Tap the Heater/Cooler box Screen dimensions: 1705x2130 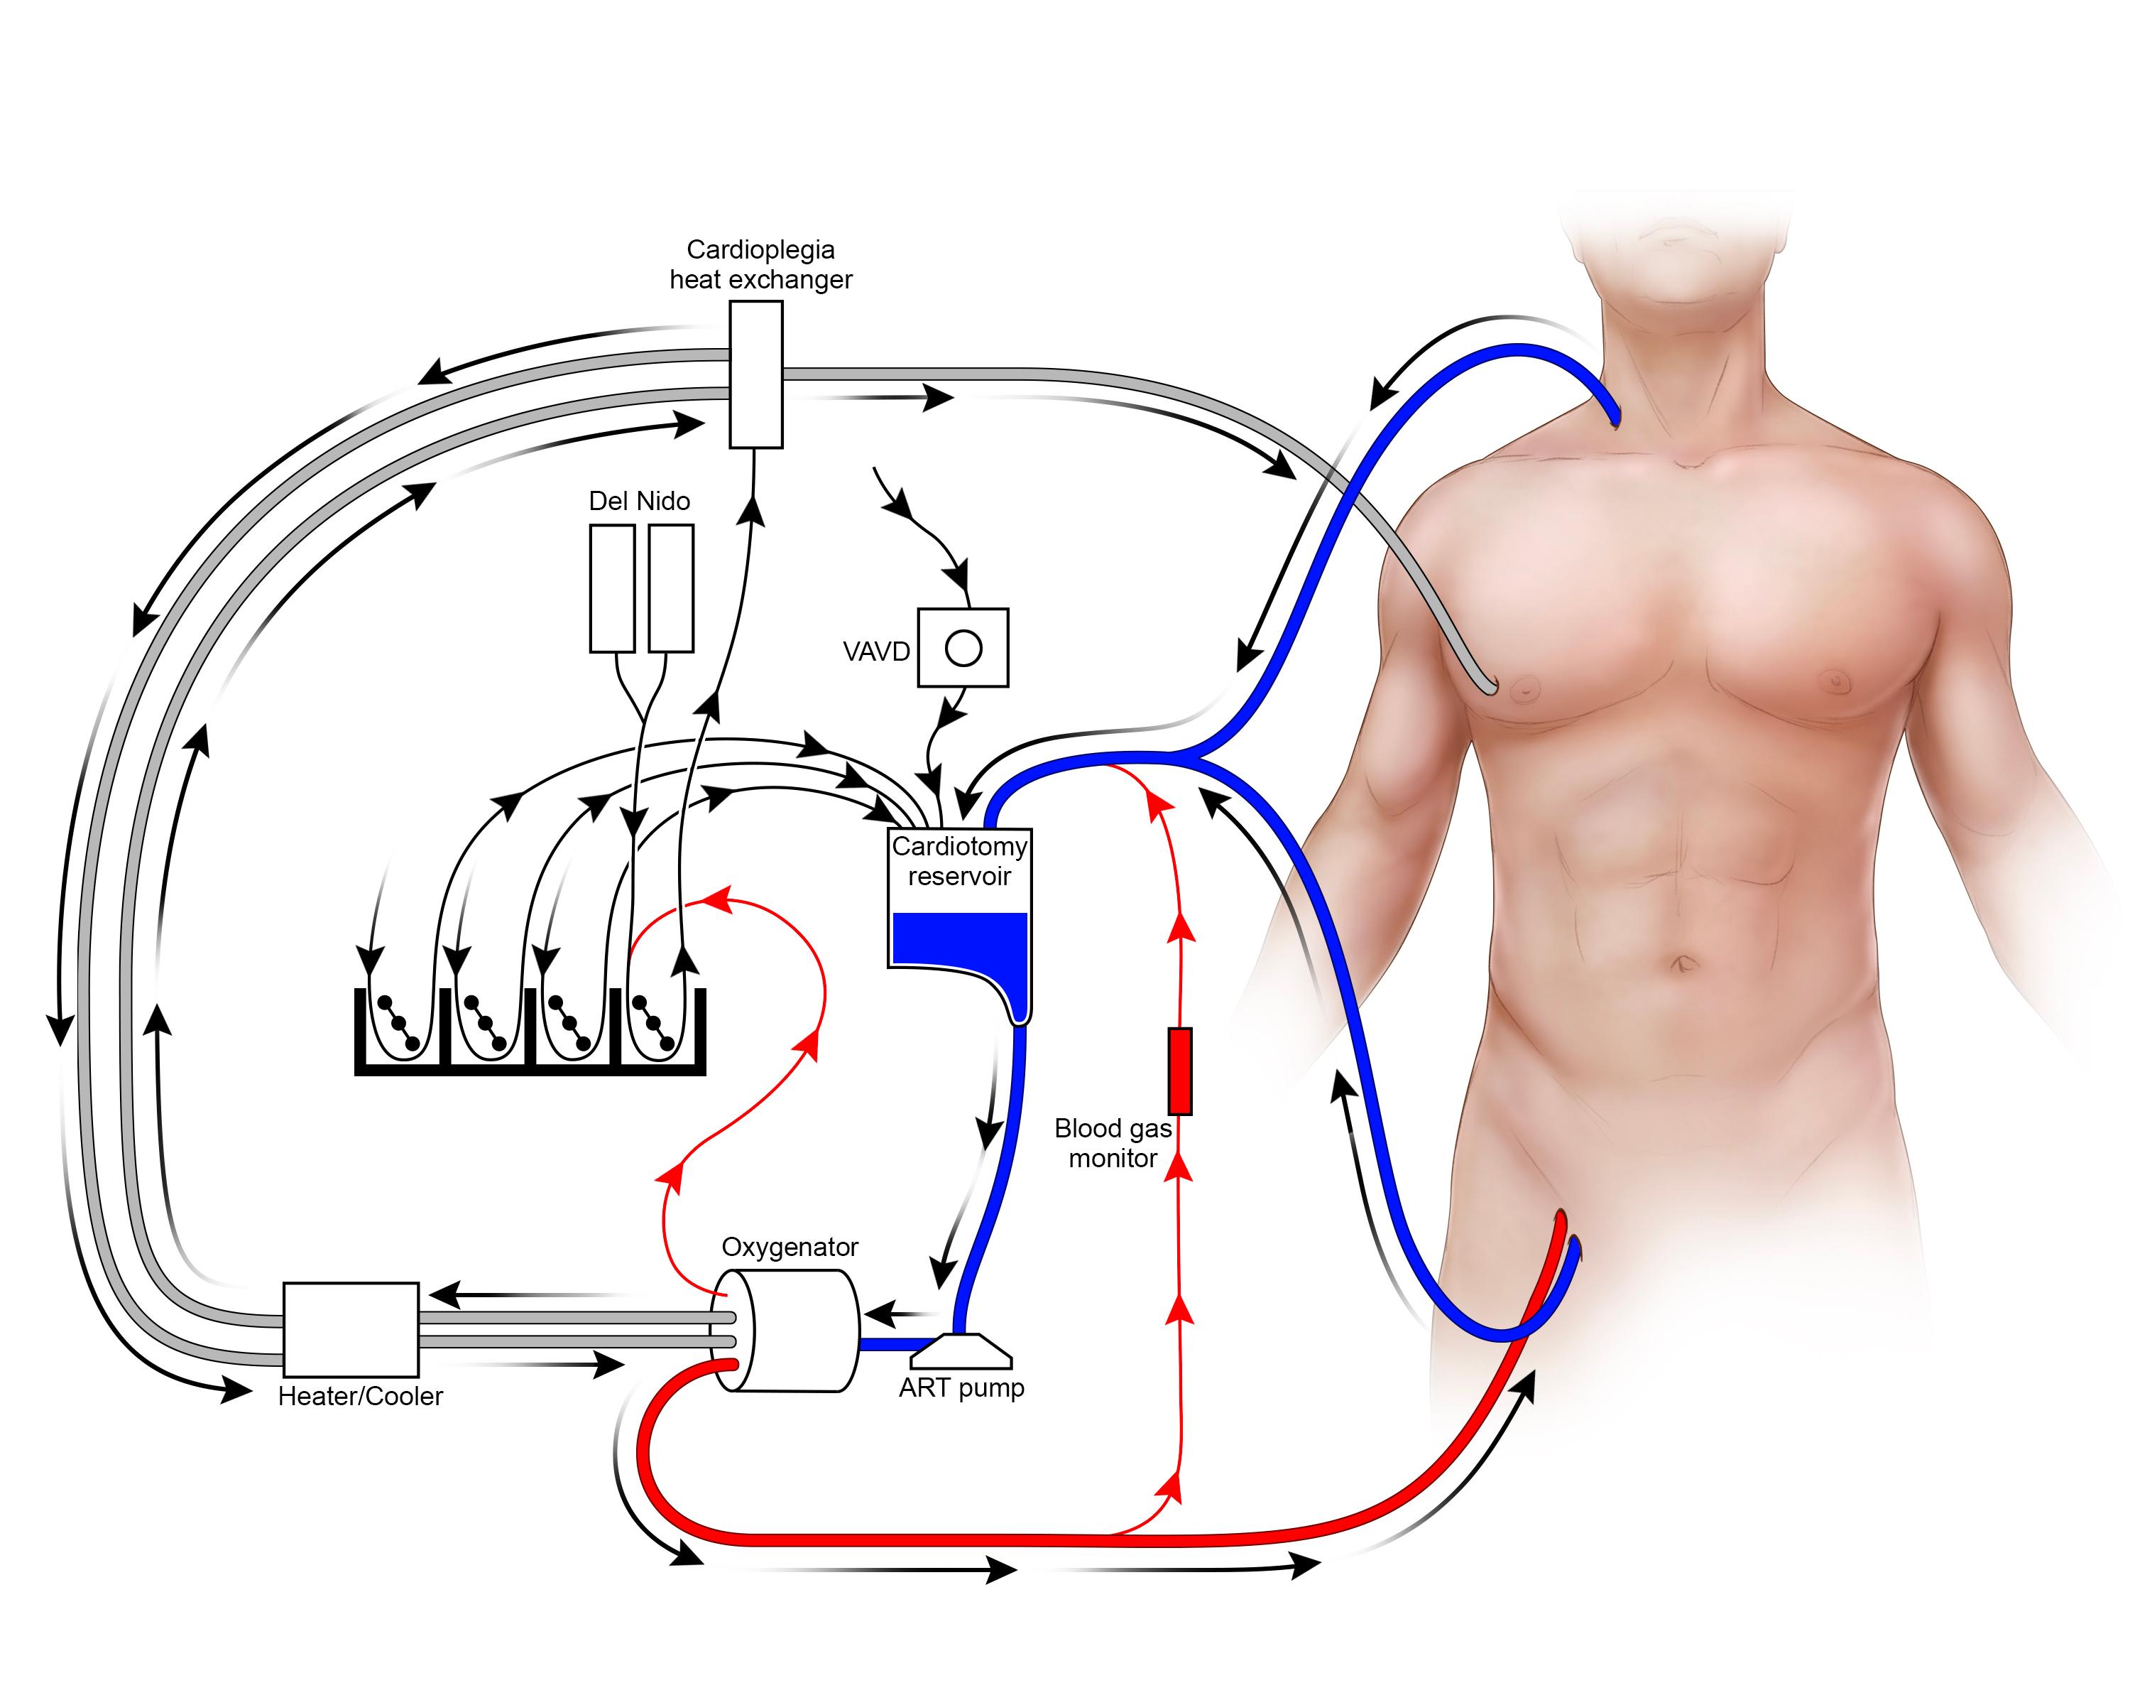[x=351, y=1329]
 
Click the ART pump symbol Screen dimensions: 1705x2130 [x=961, y=1348]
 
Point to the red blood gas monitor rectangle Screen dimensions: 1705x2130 [x=1179, y=1071]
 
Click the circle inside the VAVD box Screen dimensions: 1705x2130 [x=963, y=649]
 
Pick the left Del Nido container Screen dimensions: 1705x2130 [x=611, y=588]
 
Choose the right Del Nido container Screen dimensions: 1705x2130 [x=671, y=588]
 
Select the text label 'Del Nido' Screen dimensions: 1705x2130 [x=639, y=501]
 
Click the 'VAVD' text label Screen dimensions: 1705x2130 [x=876, y=651]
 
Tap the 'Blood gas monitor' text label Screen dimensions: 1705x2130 [x=1113, y=1142]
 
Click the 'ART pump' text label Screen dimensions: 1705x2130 [x=961, y=1387]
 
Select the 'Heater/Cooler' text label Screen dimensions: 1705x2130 [x=361, y=1396]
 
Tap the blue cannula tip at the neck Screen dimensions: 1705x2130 [x=1613, y=415]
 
